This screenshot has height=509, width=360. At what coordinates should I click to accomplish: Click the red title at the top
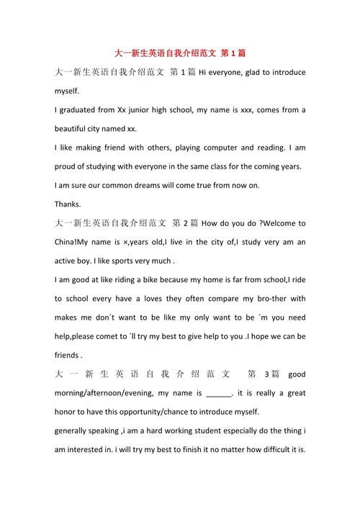[x=180, y=54]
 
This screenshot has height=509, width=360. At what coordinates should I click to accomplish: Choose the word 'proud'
[x=68, y=166]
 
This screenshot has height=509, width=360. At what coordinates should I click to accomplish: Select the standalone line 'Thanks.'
[x=68, y=204]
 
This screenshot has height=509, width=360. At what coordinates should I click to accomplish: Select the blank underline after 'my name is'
[x=219, y=393]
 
